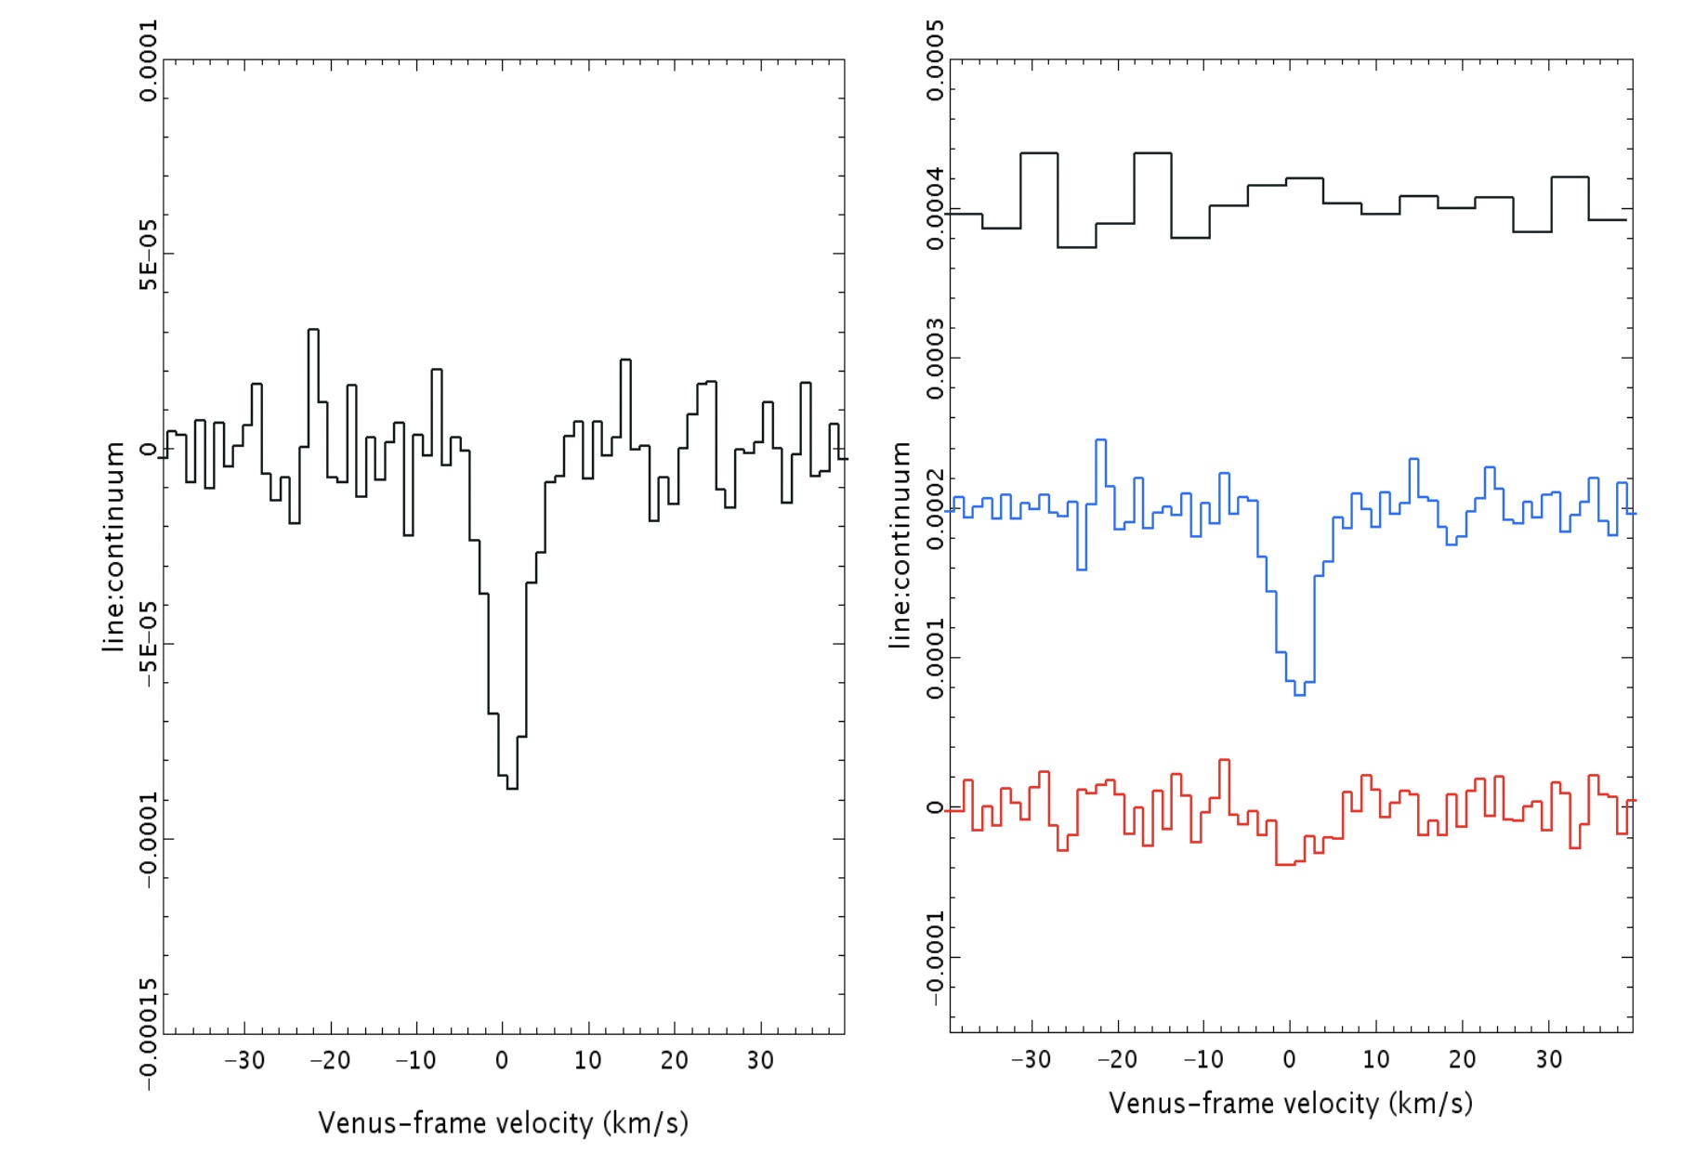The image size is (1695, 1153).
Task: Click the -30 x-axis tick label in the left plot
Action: coord(244,1060)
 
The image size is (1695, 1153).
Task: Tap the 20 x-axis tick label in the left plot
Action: coord(675,1060)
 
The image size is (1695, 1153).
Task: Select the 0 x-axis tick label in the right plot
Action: coord(1289,1059)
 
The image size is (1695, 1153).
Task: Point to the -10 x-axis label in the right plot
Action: coord(1202,1059)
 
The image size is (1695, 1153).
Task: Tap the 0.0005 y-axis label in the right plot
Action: coord(935,60)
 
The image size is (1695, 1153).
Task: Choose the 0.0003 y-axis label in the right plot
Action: coord(935,359)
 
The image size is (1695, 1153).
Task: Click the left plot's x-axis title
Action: coord(503,1123)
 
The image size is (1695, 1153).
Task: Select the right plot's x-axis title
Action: coord(1290,1104)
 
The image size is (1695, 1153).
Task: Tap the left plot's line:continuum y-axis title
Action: coord(113,546)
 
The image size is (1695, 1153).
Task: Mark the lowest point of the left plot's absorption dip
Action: coord(512,788)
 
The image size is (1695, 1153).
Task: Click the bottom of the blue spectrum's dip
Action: coord(1299,694)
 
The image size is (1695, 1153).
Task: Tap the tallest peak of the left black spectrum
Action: coord(313,330)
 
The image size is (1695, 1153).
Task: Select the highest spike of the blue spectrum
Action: coord(1101,440)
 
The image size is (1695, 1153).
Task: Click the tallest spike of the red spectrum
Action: coord(1224,761)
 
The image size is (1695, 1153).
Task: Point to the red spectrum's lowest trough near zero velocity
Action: coord(1285,864)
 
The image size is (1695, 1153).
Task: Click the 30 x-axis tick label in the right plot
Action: coord(1548,1059)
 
